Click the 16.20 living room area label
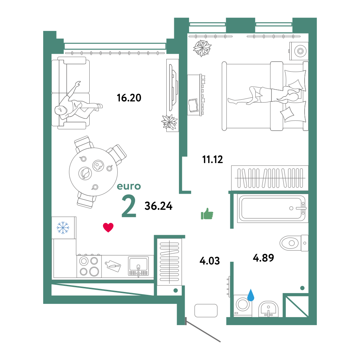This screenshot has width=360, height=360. coord(129,98)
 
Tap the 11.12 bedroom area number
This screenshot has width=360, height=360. coord(212,159)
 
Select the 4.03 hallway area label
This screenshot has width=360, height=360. coord(210,261)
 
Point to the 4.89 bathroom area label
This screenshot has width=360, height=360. coord(264,258)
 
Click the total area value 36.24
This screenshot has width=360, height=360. coord(158,206)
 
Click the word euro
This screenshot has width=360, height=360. coord(129,186)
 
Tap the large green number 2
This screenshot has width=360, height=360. coord(129,206)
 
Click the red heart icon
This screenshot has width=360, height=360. coord(108,228)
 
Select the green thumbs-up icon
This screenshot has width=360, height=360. coord(207,214)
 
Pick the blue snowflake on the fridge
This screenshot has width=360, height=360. coord(63,228)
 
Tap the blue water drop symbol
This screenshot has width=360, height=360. coord(251,295)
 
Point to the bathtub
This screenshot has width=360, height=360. coord(272,208)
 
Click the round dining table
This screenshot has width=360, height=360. coord(94,172)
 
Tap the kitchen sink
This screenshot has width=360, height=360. coord(138,266)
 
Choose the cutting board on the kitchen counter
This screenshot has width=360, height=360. coord(113,266)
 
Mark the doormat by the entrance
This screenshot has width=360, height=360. coord(206,311)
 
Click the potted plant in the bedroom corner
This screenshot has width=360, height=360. coord(202,48)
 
